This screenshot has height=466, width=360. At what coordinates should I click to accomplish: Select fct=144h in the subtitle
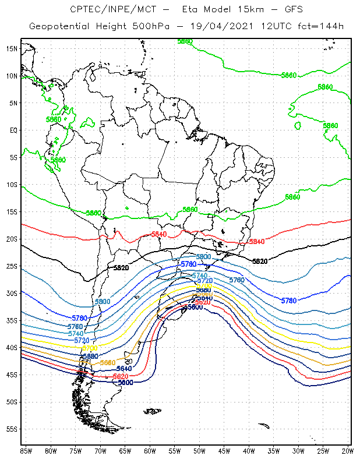[x=313, y=26]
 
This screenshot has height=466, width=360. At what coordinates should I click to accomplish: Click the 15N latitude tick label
[x=11, y=48]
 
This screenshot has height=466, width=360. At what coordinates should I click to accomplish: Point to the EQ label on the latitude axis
[x=13, y=130]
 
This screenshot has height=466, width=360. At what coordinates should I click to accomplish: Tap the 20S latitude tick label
[x=11, y=239]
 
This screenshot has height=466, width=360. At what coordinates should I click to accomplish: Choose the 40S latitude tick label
[x=11, y=348]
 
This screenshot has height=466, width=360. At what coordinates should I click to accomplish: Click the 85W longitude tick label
[x=26, y=450]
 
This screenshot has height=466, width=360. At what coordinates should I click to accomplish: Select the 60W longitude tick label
[x=150, y=450]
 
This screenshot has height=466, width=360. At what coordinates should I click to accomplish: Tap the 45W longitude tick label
[x=224, y=450]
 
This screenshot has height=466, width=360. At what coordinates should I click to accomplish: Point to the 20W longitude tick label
[x=348, y=450]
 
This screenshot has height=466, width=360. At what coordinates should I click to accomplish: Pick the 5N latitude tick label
[x=13, y=103]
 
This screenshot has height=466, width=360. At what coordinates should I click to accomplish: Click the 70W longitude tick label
[x=100, y=450]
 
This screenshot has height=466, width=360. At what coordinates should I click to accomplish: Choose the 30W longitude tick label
[x=298, y=450]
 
